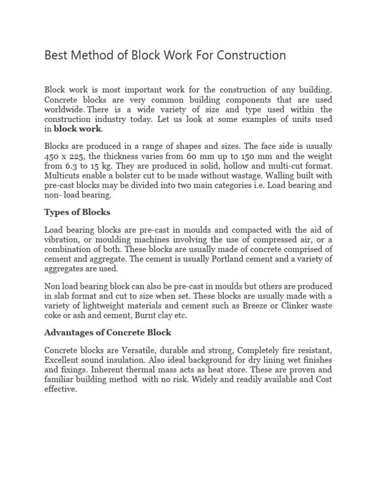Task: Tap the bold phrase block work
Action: pos(77,129)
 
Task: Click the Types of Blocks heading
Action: pos(77,212)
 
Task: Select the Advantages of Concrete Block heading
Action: pos(108,332)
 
